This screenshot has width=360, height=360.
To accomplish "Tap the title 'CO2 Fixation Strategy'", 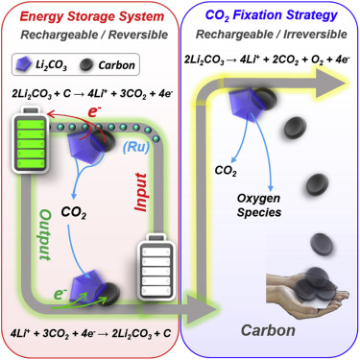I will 272,16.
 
